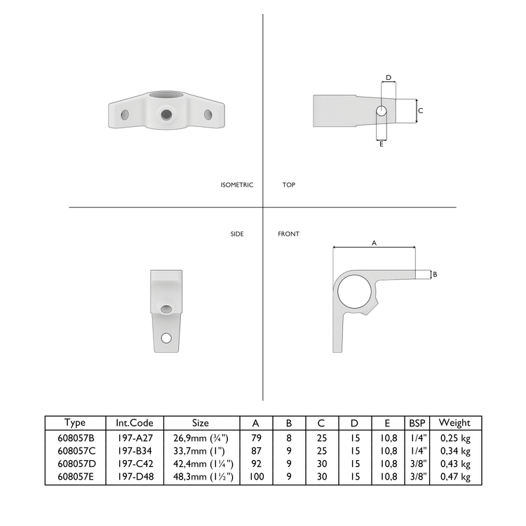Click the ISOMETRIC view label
click(x=236, y=185)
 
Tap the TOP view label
click(x=289, y=185)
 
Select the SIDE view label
click(x=237, y=234)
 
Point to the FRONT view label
click(x=288, y=234)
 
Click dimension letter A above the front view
click(x=374, y=243)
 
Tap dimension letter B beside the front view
click(x=435, y=274)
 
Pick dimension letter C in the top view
click(x=420, y=111)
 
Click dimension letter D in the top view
click(x=389, y=78)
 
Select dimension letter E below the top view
click(x=381, y=144)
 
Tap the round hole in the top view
click(x=381, y=111)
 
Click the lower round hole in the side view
click(x=166, y=338)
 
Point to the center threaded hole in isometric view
click(x=166, y=114)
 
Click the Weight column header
click(x=454, y=423)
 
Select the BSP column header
click(x=417, y=423)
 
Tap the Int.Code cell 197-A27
click(x=135, y=437)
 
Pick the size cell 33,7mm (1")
click(x=200, y=450)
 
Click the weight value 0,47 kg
click(x=454, y=477)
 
